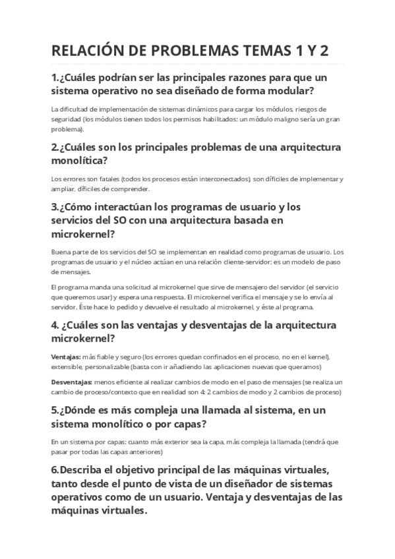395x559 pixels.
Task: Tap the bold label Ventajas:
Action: (x=66, y=356)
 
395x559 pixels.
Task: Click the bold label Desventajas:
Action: (x=72, y=382)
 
